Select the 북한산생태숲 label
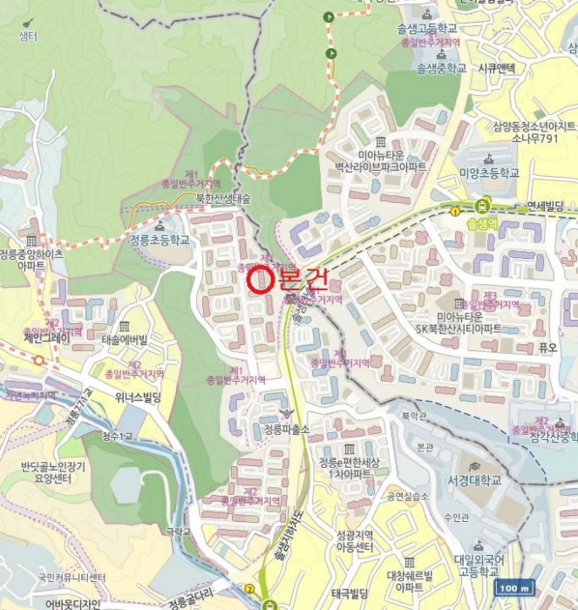222,199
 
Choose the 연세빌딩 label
546,207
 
